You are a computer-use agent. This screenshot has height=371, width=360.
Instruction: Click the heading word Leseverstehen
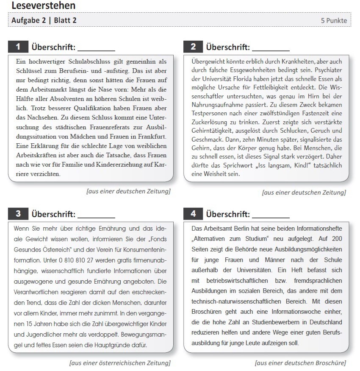[x=43, y=6]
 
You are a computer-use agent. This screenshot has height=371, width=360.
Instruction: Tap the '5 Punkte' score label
[x=334, y=20]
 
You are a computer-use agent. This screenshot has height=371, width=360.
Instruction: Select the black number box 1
[x=18, y=46]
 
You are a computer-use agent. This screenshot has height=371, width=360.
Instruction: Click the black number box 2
[x=194, y=46]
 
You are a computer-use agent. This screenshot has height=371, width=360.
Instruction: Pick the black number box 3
[x=18, y=214]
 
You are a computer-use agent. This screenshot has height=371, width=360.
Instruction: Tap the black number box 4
[x=194, y=214]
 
